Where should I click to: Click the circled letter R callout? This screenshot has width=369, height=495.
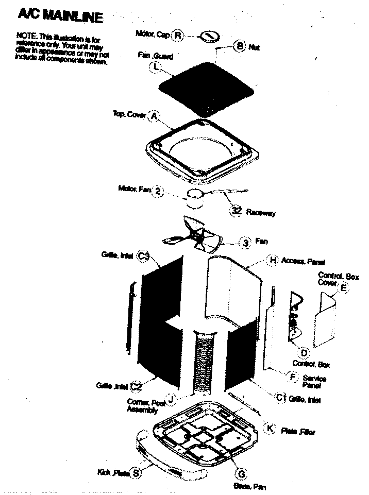click(x=178, y=35)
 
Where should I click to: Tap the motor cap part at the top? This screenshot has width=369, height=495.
click(x=208, y=36)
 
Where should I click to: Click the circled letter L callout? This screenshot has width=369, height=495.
click(x=155, y=66)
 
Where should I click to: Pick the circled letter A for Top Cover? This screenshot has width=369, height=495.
click(x=153, y=116)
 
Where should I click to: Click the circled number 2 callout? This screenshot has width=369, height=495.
click(x=159, y=191)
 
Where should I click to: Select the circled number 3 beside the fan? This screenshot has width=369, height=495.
click(x=246, y=242)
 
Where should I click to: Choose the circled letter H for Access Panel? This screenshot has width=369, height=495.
click(x=273, y=260)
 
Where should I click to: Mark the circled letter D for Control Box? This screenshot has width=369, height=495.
click(x=304, y=353)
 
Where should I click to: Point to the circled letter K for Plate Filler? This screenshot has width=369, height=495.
click(x=270, y=429)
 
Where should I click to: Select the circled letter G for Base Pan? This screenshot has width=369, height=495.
click(x=240, y=473)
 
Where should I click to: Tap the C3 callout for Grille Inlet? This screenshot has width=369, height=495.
click(x=144, y=255)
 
